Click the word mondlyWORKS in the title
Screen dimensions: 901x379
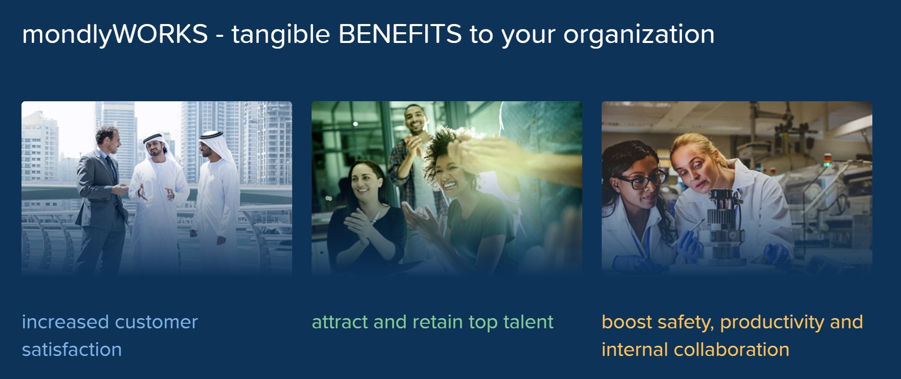coord(115,35)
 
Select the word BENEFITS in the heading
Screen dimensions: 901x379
coord(400,34)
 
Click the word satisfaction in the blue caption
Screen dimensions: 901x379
coord(72,349)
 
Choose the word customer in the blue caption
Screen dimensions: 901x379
coord(157,322)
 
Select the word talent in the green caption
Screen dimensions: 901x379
coord(529,322)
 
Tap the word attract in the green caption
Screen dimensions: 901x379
coord(340,322)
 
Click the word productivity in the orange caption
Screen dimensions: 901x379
coord(772,323)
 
